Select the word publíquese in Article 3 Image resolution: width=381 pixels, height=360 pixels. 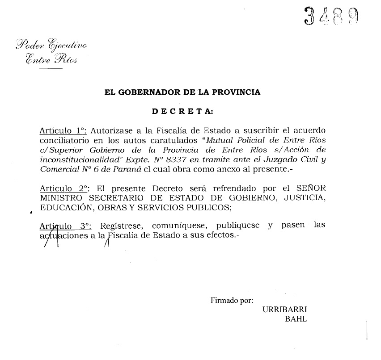point(238,226)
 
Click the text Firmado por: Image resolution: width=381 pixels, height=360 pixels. point(232,301)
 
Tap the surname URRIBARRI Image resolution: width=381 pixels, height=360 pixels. point(285,310)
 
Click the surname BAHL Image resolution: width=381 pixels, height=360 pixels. point(296,319)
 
